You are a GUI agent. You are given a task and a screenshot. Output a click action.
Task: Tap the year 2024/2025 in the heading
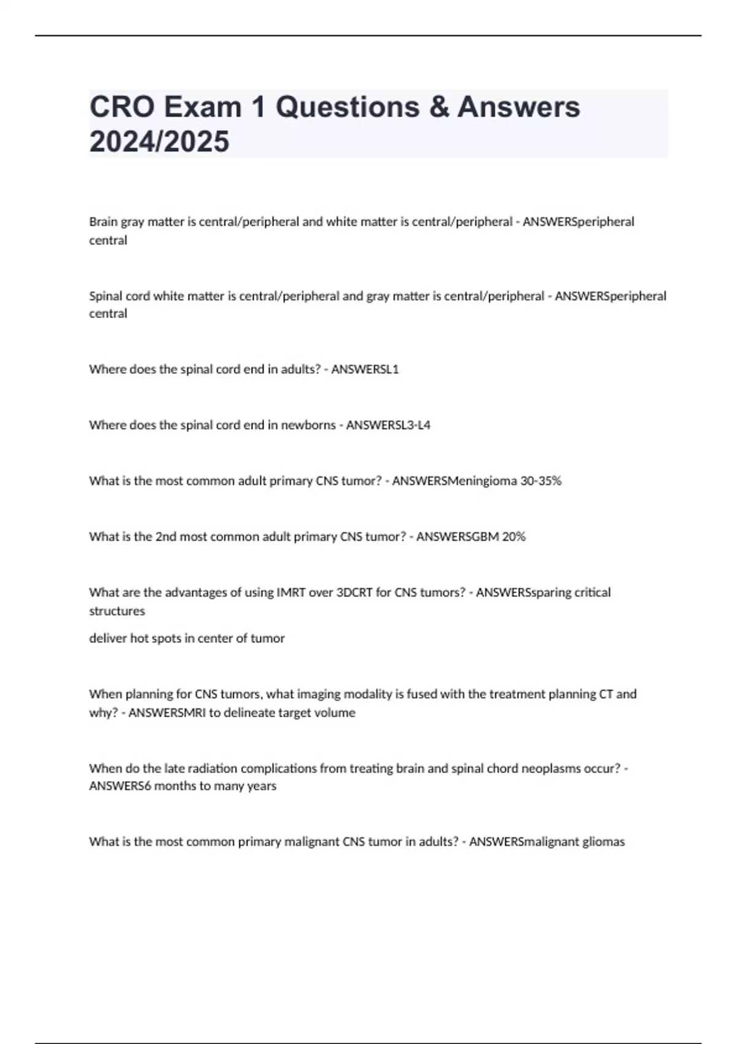coord(159,141)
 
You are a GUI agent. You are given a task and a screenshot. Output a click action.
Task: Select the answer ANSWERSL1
coord(365,369)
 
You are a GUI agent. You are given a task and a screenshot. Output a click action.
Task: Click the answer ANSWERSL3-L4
coord(388,425)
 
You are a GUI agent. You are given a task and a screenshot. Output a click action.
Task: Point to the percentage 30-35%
coord(540,481)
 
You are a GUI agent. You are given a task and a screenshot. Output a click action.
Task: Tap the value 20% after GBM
coord(513,537)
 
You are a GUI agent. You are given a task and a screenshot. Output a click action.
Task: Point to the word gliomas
coord(603,842)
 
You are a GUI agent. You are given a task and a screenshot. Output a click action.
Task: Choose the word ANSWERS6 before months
coord(120,786)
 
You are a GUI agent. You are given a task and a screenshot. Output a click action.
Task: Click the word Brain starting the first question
coord(103,222)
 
